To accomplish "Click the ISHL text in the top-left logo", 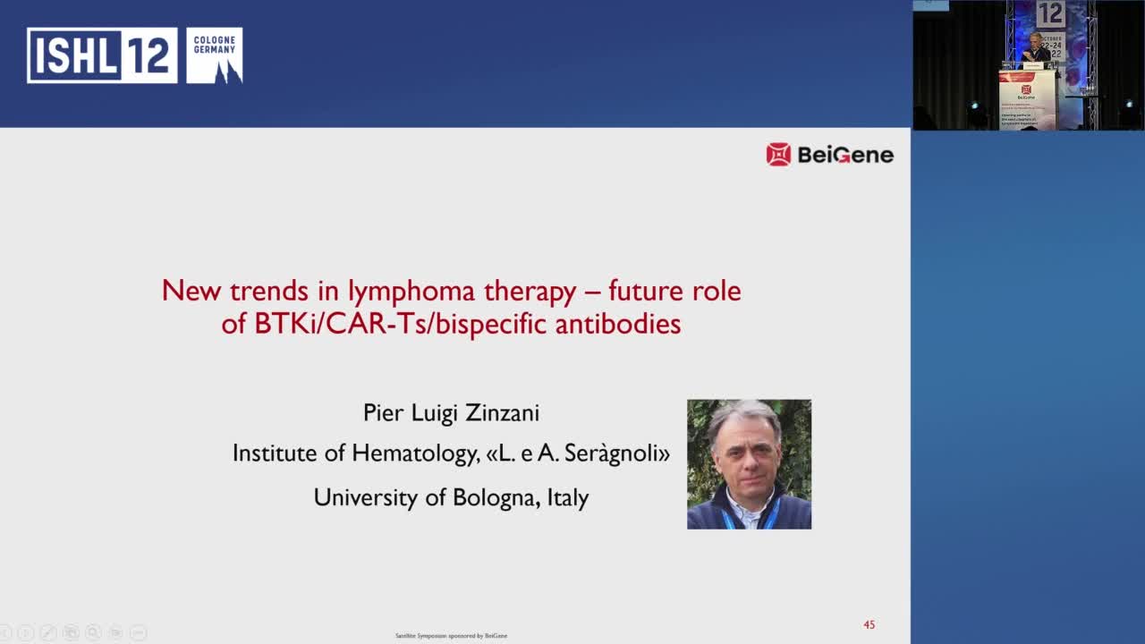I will click(74, 55).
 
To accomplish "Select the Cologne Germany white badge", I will click(215, 55).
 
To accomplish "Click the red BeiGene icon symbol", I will click(778, 155).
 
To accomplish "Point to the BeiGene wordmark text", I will click(844, 155).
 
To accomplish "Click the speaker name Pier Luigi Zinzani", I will click(451, 412).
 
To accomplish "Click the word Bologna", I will click(494, 497).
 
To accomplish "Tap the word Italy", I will click(567, 497).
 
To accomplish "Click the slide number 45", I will click(869, 625).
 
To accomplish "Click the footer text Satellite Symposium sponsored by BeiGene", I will click(451, 636).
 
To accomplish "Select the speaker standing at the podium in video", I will click(1036, 48).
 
